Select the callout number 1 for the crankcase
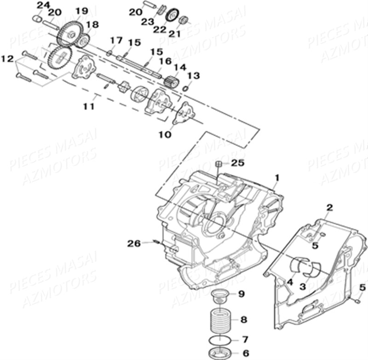click(277, 177)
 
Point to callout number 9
click(241, 294)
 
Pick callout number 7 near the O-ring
click(245, 340)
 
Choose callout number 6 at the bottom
click(245, 353)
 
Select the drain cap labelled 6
click(220, 354)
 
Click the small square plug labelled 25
click(220, 164)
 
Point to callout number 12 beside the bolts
click(7, 58)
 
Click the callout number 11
click(89, 106)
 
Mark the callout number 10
click(165, 134)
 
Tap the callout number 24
click(43, 5)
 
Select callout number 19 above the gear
click(81, 11)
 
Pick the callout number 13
click(193, 75)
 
